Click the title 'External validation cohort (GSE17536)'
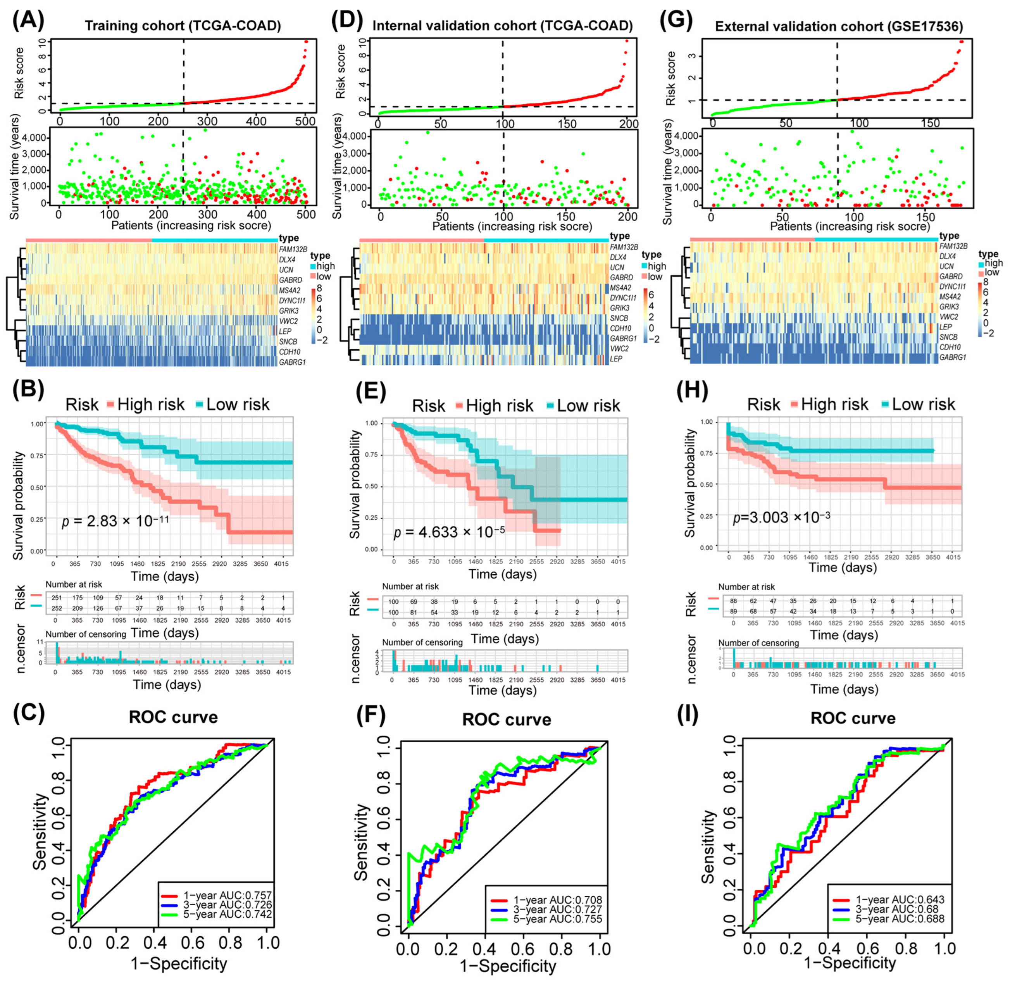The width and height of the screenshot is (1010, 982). click(839, 26)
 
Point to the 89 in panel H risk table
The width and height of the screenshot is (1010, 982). click(733, 612)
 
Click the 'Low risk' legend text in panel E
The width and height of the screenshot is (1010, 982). click(588, 406)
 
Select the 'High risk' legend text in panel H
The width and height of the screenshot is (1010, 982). click(834, 404)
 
